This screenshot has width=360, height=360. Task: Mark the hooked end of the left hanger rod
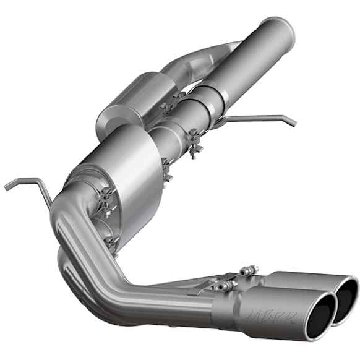coord(7,184)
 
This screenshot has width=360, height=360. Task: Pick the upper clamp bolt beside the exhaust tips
coord(249,270)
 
